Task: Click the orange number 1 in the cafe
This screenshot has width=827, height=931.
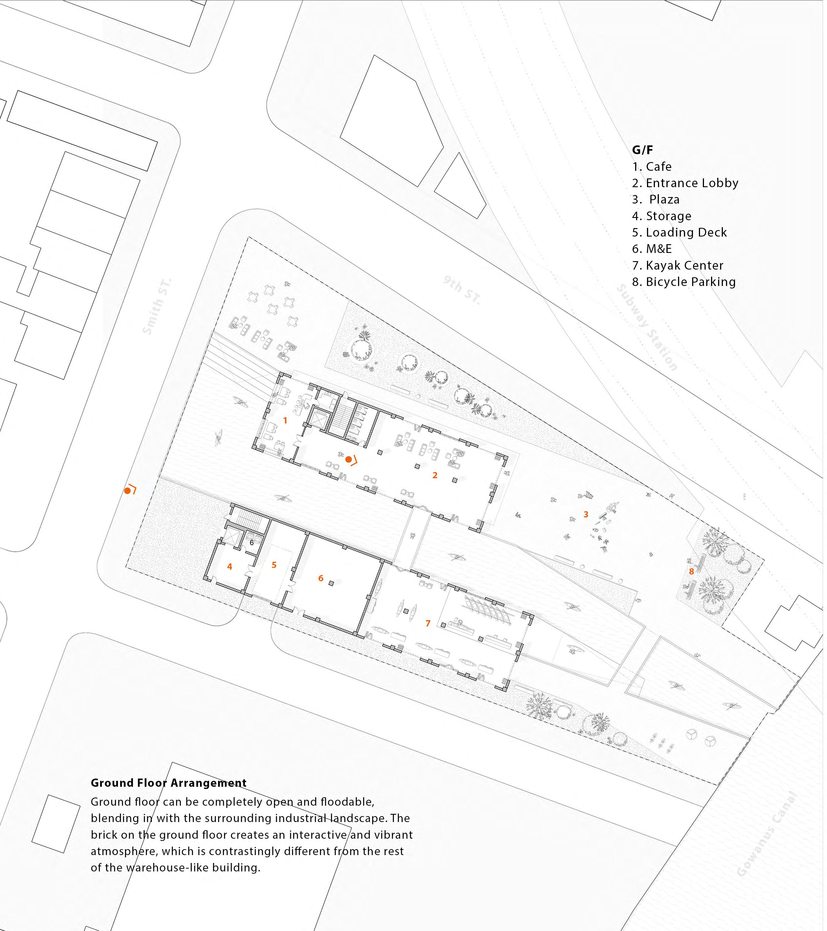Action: pyautogui.click(x=285, y=420)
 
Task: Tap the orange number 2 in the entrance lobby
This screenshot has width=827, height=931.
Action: pyautogui.click(x=435, y=475)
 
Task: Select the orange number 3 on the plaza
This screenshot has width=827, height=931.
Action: pyautogui.click(x=586, y=515)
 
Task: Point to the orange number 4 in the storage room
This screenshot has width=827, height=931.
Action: pyautogui.click(x=230, y=567)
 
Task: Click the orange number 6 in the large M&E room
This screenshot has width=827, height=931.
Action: pyautogui.click(x=321, y=578)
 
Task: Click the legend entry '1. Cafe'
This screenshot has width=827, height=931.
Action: pyautogui.click(x=652, y=167)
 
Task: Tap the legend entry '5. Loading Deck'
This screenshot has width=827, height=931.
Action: pyautogui.click(x=679, y=233)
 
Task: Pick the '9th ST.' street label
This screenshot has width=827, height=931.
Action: pyautogui.click(x=462, y=290)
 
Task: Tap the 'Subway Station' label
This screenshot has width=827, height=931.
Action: pyautogui.click(x=647, y=327)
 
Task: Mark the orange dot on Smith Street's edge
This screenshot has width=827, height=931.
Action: pyautogui.click(x=128, y=491)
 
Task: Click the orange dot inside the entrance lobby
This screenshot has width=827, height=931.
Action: pyautogui.click(x=349, y=460)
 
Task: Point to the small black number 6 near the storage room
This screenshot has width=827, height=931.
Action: pyautogui.click(x=252, y=543)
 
